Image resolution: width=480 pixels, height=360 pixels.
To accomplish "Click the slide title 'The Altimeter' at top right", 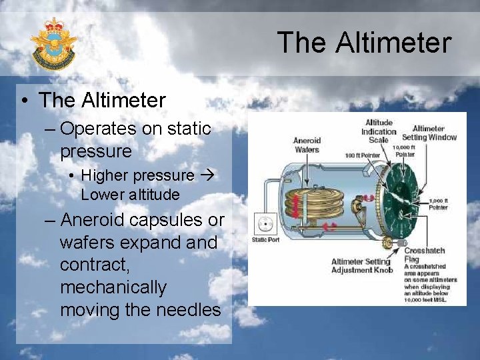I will point(364,42).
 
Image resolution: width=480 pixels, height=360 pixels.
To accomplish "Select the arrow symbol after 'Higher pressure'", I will point(205,176).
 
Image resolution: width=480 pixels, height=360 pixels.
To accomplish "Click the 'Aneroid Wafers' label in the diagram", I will point(307,145).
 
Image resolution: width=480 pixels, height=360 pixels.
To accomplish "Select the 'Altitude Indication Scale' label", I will point(379,131).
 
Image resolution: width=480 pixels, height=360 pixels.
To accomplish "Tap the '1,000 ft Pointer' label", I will point(438,204).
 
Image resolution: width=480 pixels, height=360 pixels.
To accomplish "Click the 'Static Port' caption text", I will point(265,240).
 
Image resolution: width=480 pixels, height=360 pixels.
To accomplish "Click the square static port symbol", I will point(266,224).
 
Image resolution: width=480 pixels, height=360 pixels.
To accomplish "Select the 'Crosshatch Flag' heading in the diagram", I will point(424,255).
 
